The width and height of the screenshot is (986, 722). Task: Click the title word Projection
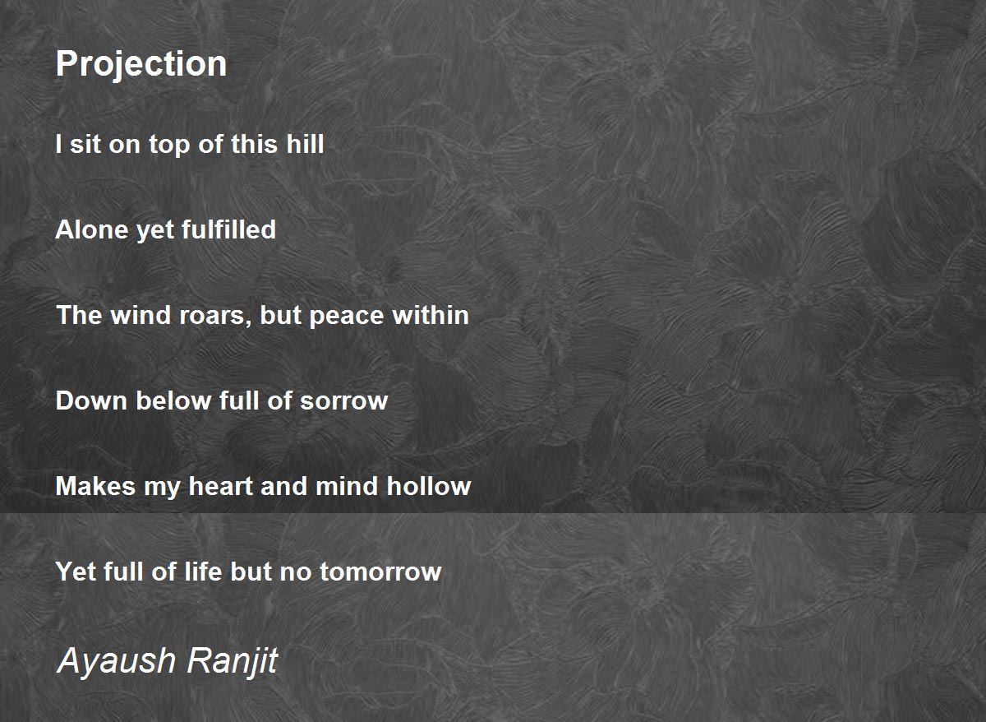point(141,64)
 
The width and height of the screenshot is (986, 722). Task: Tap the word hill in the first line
point(305,144)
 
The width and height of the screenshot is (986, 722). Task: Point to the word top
point(169,146)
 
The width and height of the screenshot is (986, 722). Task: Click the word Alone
point(91,229)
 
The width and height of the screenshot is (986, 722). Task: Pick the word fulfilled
point(228,229)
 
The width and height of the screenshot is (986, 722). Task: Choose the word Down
point(91,400)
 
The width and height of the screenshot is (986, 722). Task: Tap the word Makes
point(95,486)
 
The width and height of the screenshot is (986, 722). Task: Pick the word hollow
point(429,486)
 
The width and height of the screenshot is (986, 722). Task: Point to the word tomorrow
point(380,572)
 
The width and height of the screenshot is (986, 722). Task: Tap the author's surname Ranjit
point(232,661)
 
